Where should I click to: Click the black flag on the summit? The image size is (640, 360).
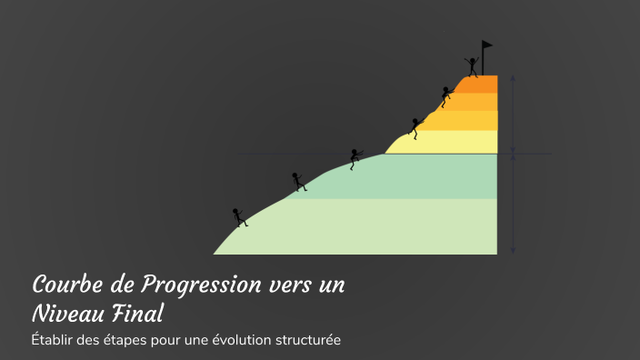(486, 45)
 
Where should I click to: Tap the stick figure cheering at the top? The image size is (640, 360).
(472, 65)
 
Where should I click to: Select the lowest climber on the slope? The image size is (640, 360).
(240, 217)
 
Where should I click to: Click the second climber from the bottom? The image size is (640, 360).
(297, 181)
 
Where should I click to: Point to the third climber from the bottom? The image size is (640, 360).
(355, 158)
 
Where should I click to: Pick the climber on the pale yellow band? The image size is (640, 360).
(416, 127)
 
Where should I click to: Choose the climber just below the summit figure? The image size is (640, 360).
(445, 96)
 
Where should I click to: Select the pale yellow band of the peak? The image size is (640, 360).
(445, 143)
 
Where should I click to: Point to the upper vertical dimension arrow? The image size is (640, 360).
(514, 113)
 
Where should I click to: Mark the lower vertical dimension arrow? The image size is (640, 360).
(514, 204)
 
